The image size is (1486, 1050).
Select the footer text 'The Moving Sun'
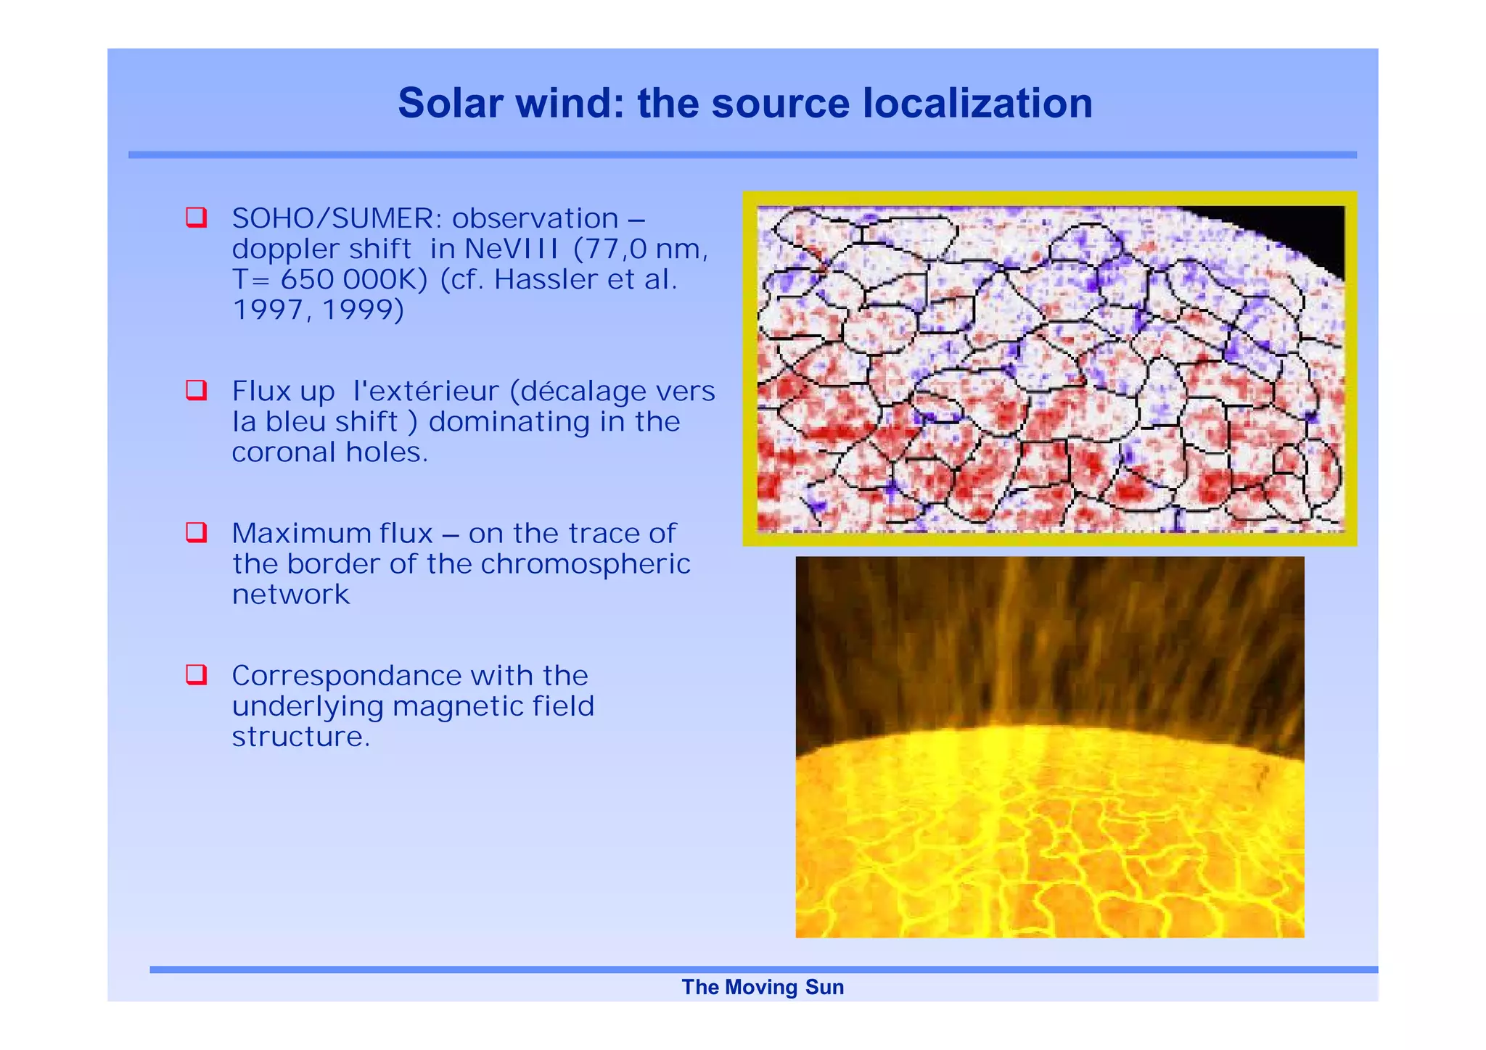point(763,987)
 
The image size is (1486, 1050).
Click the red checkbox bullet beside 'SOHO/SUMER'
point(196,218)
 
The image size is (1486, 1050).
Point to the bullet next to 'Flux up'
point(196,390)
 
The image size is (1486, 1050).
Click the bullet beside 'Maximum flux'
point(196,532)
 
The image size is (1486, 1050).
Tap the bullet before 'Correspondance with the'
point(196,674)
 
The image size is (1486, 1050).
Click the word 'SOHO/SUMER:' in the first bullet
point(337,218)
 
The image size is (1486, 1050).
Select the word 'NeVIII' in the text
point(512,249)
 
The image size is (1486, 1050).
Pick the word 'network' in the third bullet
point(290,595)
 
